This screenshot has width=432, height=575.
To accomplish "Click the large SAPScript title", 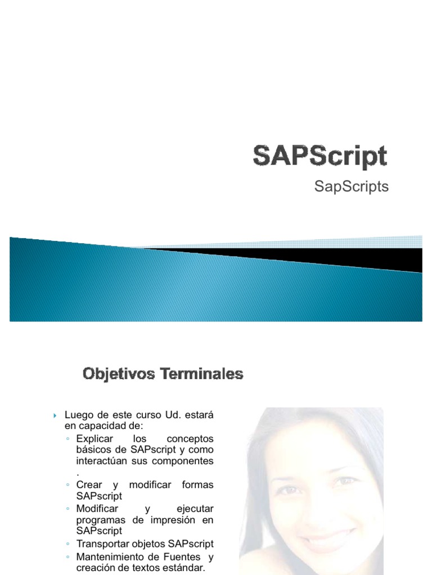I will coord(319,156).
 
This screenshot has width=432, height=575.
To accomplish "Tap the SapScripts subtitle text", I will coord(352,187).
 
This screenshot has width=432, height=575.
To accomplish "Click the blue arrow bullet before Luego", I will coord(56,416).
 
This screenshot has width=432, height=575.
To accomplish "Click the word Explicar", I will coord(94,438).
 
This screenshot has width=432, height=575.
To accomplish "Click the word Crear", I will coord(89,485).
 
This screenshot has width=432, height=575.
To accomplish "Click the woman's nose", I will coord(322,508).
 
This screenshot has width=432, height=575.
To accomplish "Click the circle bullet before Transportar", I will coord(68,544).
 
